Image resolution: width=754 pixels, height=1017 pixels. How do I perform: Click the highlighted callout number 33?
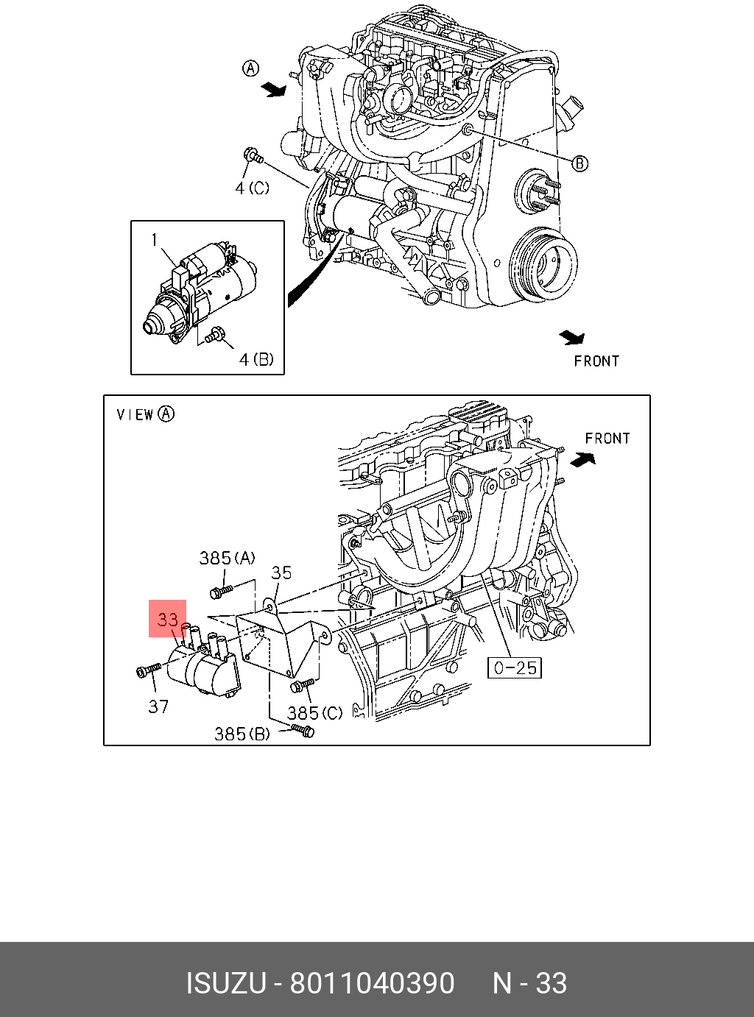(x=168, y=619)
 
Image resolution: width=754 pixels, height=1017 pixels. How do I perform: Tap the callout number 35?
(x=281, y=573)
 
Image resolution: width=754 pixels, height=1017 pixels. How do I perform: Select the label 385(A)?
(x=227, y=559)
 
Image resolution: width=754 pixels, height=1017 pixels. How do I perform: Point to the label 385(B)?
(x=242, y=734)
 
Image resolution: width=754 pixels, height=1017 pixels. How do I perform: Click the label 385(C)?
(x=315, y=713)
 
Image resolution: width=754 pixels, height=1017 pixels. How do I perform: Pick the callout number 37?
(x=158, y=706)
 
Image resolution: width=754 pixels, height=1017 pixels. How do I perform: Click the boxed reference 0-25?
(x=515, y=667)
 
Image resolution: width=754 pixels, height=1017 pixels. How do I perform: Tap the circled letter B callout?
(x=580, y=163)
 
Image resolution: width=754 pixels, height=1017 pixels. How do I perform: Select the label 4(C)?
(x=253, y=188)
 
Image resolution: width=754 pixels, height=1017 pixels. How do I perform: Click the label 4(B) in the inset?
(x=256, y=359)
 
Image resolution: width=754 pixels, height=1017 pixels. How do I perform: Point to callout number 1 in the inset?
(x=155, y=240)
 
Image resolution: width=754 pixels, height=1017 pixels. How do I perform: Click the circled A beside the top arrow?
(x=251, y=68)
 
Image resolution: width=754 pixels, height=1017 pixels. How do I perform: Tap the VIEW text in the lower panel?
(x=135, y=415)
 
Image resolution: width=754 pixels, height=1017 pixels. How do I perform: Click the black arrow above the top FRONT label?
(x=571, y=338)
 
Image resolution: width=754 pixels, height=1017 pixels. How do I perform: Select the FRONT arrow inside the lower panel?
(x=583, y=459)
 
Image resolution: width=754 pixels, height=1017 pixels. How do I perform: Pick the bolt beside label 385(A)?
(x=221, y=590)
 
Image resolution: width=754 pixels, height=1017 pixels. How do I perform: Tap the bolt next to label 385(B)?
(x=303, y=730)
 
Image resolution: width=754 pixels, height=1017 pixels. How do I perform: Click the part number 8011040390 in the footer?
(x=372, y=983)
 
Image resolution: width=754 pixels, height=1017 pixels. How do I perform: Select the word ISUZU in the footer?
(x=225, y=983)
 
